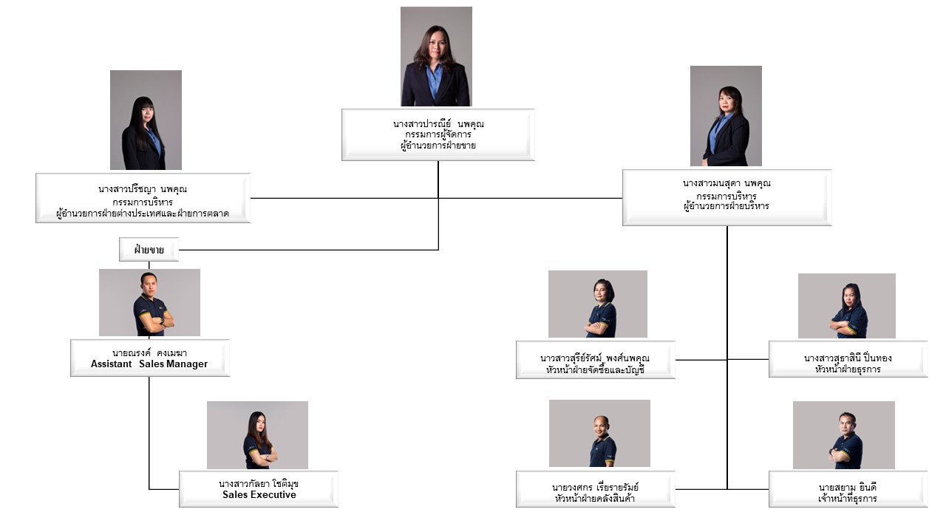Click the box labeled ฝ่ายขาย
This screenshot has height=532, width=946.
[149, 250]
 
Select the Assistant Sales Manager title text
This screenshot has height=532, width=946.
[149, 364]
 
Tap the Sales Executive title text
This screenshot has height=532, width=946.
[259, 494]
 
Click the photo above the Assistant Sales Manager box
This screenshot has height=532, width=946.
[149, 302]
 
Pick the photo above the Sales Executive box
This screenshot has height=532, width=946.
[257, 435]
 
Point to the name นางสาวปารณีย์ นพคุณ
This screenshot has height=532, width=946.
[438, 123]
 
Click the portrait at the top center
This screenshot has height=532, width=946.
[436, 57]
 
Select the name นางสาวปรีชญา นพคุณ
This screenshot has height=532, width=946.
[143, 188]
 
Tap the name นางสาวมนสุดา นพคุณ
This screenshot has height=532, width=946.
[726, 183]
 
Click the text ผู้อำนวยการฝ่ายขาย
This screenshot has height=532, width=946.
[438, 146]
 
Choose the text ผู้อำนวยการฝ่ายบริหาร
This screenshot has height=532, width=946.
[726, 206]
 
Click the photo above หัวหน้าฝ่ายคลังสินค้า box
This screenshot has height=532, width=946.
[599, 433]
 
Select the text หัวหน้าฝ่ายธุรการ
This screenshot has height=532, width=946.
[847, 369]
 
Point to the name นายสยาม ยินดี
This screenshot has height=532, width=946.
[847, 488]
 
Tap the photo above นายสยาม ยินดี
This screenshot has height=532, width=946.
[843, 434]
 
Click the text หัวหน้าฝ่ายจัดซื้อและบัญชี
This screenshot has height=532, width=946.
[595, 369]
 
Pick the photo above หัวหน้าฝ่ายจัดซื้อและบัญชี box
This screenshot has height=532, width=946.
[597, 304]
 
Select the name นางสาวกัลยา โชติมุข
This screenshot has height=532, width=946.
[259, 483]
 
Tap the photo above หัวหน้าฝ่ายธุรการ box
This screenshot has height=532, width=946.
[846, 306]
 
